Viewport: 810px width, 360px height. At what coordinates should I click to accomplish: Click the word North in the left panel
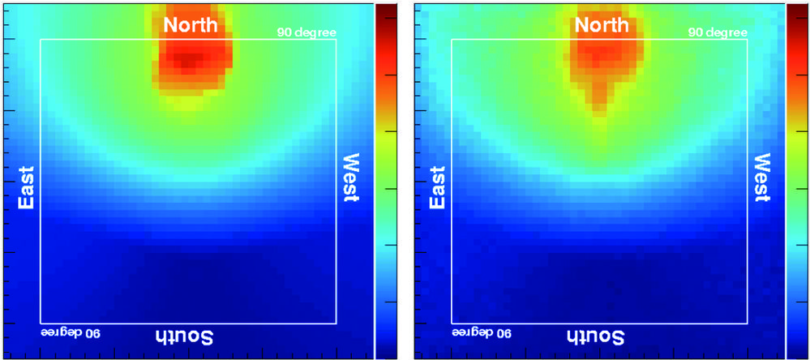[x=191, y=25]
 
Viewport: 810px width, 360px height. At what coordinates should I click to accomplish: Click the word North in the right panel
[x=601, y=25]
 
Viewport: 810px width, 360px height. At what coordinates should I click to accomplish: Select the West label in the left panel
[x=351, y=177]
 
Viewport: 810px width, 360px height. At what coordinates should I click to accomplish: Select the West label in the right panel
[x=762, y=177]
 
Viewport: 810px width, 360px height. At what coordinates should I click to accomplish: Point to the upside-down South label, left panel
[x=184, y=336]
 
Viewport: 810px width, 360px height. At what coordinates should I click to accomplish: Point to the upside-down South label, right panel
[x=595, y=336]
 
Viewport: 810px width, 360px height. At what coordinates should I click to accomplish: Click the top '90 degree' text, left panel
[x=306, y=32]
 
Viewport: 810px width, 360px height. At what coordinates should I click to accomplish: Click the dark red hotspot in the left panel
[x=188, y=60]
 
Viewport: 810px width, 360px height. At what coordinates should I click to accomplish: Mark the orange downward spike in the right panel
[x=598, y=101]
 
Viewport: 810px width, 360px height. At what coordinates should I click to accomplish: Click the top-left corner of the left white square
[x=41, y=39]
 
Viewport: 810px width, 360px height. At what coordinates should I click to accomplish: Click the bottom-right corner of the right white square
[x=746, y=323]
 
